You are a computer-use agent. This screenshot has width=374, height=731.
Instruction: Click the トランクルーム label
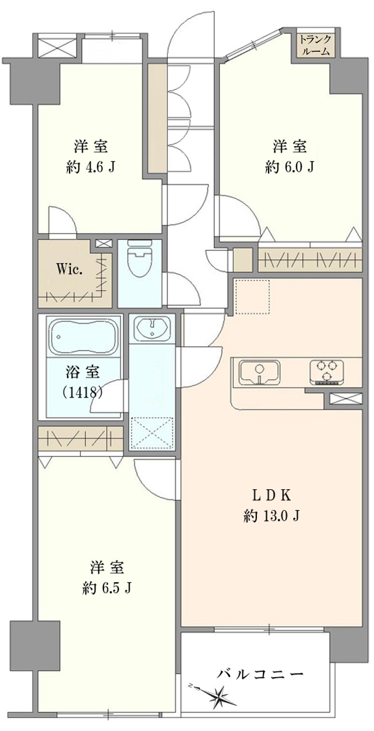pyautogui.click(x=315, y=45)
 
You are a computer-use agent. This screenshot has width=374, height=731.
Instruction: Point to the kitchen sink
pyautogui.click(x=259, y=373)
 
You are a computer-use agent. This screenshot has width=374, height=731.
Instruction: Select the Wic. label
pyautogui.click(x=69, y=270)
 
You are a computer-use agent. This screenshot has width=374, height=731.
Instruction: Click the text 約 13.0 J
pyautogui.click(x=271, y=516)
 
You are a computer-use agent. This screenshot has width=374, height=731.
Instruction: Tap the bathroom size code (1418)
pyautogui.click(x=83, y=392)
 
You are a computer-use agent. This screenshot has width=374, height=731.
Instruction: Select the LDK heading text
pyautogui.click(x=271, y=496)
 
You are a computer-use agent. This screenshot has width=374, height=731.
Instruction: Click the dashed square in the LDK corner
pyautogui.click(x=253, y=297)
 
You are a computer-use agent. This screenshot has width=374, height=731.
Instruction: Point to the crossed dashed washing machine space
pyautogui.click(x=152, y=433)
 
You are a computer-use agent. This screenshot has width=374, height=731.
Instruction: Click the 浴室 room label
pyautogui.click(x=83, y=372)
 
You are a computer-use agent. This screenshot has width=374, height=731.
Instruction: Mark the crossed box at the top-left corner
pyautogui.click(x=58, y=47)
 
